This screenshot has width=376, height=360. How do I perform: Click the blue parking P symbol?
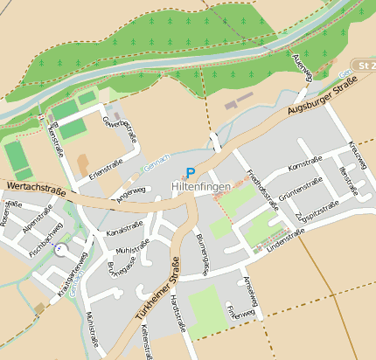pos(191,174)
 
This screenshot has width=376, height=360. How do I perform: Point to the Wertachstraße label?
pos(35,186)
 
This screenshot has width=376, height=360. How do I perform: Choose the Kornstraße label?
pos(304,161)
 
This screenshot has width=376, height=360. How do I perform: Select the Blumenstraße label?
pos(202,253)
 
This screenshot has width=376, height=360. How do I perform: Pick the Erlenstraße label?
pos(105,170)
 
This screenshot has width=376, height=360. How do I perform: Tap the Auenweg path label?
pos(303,67)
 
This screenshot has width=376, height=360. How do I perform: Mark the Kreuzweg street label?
pos(357,155)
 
